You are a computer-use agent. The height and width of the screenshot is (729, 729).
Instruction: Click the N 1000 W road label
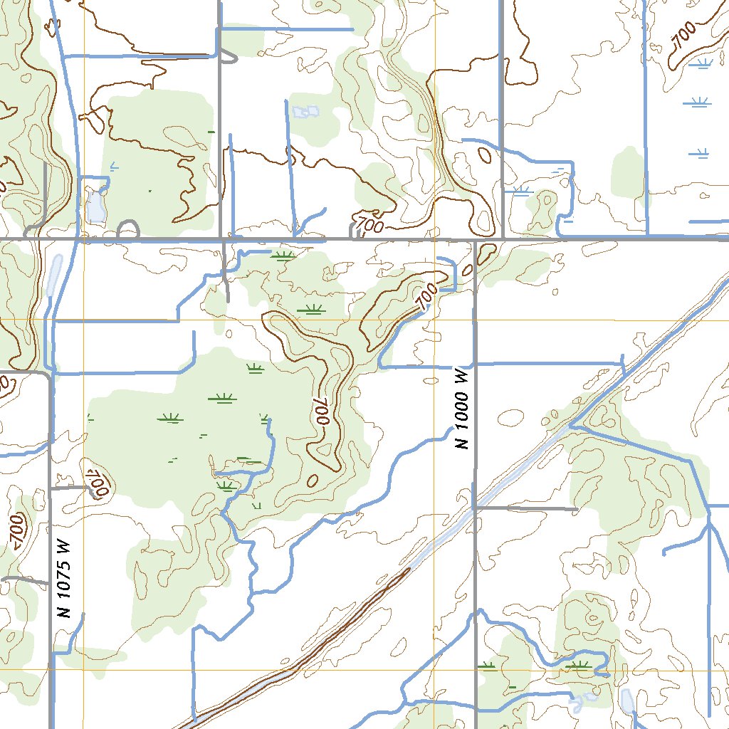(462, 409)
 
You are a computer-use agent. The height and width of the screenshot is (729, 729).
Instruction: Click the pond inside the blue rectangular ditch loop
(95, 206)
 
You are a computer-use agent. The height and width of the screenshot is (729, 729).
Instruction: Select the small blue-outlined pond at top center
(305, 112)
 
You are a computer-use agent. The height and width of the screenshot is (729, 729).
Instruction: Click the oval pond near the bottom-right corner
(627, 701)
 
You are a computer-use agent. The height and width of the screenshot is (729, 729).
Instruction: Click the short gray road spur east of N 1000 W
(527, 508)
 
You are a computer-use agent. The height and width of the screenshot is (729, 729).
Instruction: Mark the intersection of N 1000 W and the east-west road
(475, 240)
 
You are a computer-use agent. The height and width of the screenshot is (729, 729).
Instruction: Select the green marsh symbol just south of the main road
(283, 256)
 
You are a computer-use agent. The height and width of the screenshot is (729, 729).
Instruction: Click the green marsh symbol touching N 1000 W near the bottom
(488, 666)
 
